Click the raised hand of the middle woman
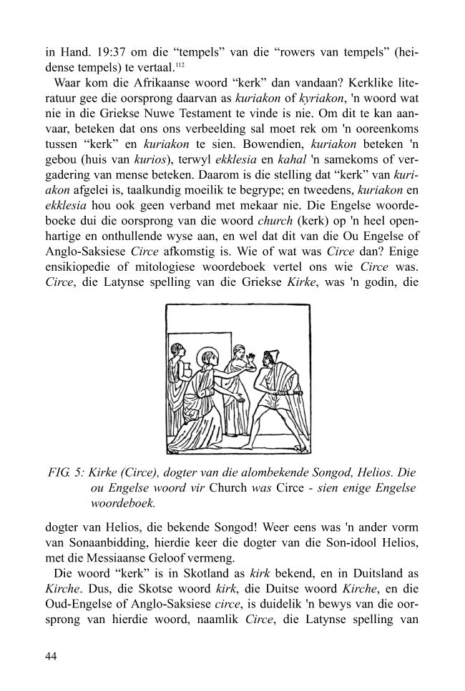tap(252, 356)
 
